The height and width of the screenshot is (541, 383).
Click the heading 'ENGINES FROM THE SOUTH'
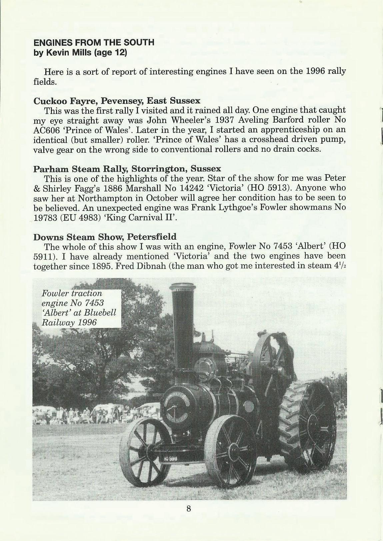(94, 42)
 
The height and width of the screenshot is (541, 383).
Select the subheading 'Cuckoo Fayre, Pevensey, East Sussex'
(117, 101)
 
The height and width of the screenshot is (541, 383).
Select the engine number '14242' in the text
(192, 188)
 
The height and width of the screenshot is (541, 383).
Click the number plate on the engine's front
(171, 458)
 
